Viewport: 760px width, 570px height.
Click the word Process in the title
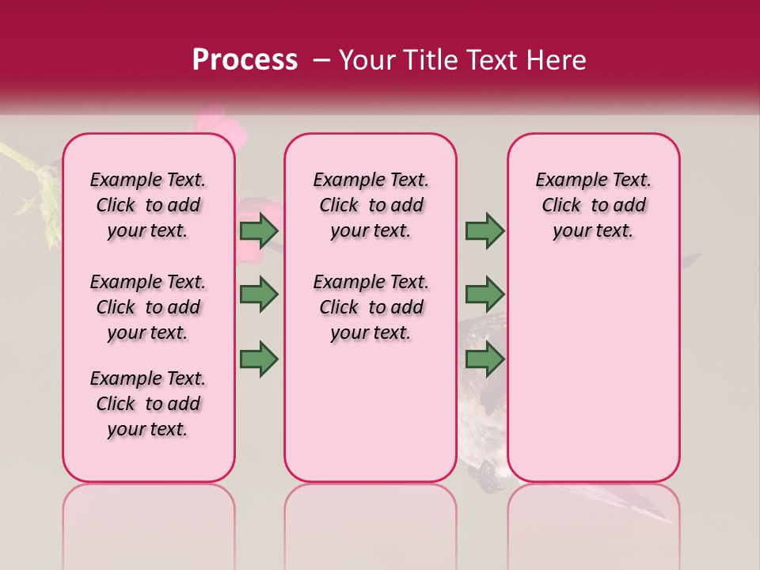(245, 60)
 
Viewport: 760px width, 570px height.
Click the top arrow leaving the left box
(259, 231)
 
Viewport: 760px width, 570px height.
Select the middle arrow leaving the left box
(259, 294)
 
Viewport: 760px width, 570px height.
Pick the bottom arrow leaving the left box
(259, 359)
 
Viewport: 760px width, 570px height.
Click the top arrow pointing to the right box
(484, 231)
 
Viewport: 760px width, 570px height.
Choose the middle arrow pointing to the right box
(484, 294)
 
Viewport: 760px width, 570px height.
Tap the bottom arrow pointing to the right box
(484, 359)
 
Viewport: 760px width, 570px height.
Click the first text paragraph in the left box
(148, 205)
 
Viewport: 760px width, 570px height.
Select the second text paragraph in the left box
(148, 307)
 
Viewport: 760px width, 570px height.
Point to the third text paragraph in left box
(148, 404)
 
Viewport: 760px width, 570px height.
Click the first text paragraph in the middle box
(370, 205)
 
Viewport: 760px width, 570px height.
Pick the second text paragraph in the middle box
(370, 307)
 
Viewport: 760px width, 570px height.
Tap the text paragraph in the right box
(593, 205)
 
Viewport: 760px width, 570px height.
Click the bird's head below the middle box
(484, 474)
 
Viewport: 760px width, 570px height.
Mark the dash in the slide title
(321, 60)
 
